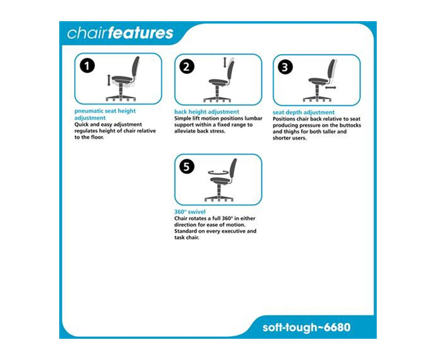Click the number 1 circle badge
click(87, 66)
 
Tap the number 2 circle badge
click(187, 67)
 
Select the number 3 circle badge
click(285, 67)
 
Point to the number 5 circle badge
click(187, 167)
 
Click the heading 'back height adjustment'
click(207, 112)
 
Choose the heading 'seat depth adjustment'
click(304, 113)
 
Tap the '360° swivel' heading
click(190, 212)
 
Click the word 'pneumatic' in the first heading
click(88, 111)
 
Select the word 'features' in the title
click(141, 32)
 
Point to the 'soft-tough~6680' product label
click(306, 328)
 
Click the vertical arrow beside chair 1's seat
click(108, 80)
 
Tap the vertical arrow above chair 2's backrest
click(225, 62)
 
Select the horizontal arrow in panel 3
click(331, 87)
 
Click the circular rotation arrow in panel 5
click(219, 172)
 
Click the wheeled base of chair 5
click(219, 198)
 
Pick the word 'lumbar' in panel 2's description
click(253, 118)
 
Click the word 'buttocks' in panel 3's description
click(350, 125)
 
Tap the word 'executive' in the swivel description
click(232, 231)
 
